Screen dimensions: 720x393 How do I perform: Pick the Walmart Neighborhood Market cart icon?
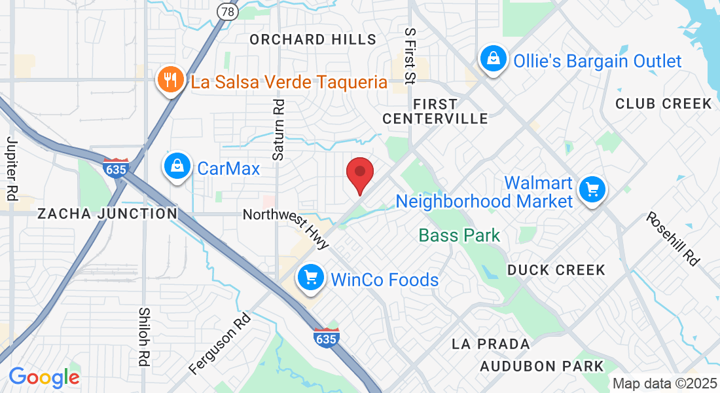point(592,190)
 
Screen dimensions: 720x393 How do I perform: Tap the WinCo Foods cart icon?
point(312,278)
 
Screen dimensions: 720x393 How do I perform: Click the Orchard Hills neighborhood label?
point(314,39)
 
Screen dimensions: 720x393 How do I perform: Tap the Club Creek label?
point(664,103)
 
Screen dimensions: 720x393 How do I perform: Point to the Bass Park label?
point(459,235)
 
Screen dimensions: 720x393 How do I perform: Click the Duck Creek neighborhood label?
point(556,270)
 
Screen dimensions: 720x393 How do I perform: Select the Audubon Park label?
point(541,366)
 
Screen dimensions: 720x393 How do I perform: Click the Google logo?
point(44,377)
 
